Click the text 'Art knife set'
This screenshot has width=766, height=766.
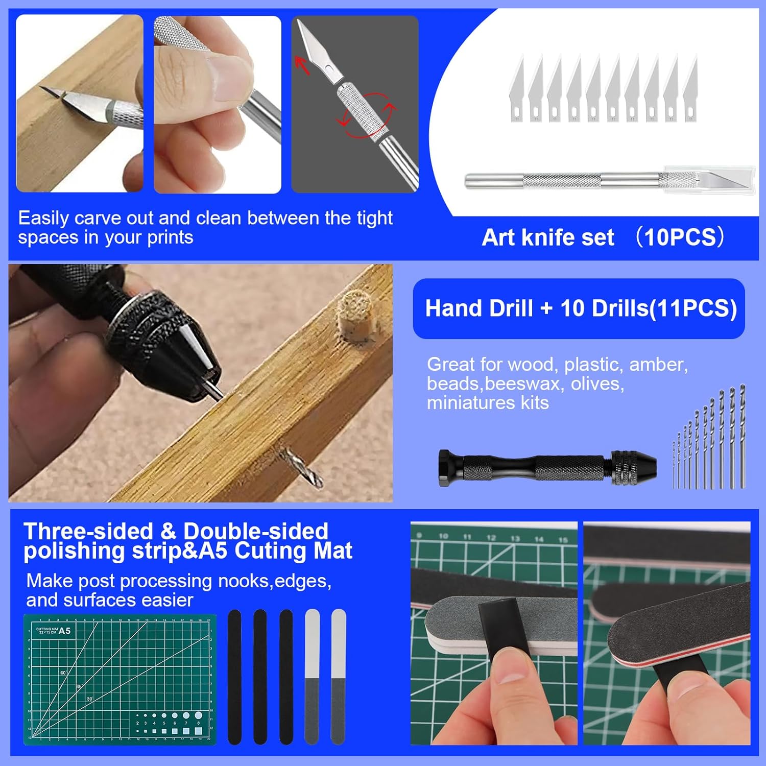coord(548,237)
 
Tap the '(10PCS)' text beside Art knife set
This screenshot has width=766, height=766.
coord(680,237)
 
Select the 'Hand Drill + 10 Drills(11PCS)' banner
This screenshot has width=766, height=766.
coord(579,308)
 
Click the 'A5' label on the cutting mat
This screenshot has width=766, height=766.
coord(64,631)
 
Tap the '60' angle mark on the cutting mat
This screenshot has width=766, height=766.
coord(63,673)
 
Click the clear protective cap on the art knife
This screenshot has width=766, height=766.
coord(710,180)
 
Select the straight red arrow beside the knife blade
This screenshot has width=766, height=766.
coord(302,65)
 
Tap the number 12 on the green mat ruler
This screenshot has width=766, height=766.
coord(491,538)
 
